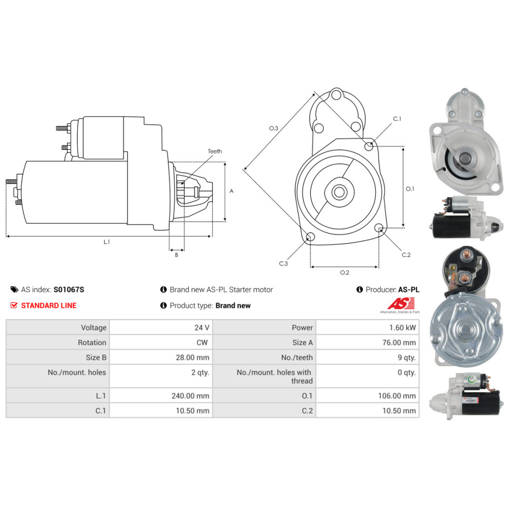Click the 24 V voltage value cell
202,328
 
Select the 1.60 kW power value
402,328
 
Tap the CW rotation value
202,342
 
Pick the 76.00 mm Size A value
399,342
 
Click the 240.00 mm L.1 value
190,396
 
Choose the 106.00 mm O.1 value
397,396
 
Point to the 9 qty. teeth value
406,357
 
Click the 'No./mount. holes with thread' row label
274,376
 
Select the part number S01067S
69,290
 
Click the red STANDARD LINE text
49,305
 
